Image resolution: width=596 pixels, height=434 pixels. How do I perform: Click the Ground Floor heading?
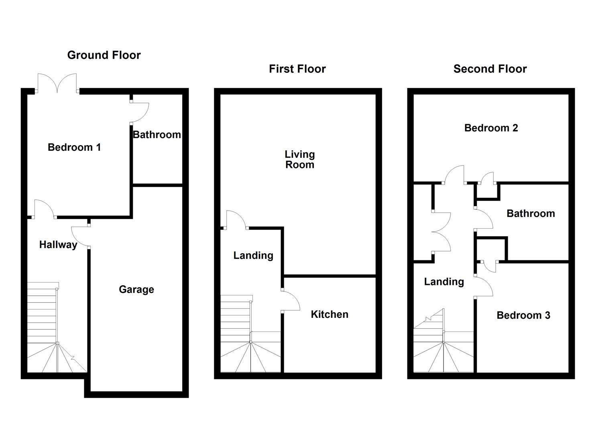104,55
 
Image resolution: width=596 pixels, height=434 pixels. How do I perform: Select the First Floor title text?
297,69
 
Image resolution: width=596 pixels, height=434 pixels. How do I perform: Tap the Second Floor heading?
490,69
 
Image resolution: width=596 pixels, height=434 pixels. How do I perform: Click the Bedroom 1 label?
74,147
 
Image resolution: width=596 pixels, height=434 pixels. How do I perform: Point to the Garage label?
136,290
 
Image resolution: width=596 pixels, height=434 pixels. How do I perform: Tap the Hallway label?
58,245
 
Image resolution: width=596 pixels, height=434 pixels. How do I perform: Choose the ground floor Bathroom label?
157,135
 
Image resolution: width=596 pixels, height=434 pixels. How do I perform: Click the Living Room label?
300,160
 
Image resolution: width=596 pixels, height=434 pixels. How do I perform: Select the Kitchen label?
330,314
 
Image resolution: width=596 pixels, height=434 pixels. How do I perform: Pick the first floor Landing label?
253,256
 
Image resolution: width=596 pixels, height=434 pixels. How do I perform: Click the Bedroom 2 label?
491,128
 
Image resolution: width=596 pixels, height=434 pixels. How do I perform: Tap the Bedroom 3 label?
523,315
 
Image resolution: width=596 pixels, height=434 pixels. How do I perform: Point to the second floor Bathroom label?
531,213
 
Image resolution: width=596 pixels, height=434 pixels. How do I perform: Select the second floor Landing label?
444,282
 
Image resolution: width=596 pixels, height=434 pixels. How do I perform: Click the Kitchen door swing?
291,301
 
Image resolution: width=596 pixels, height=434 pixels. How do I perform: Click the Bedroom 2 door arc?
454,174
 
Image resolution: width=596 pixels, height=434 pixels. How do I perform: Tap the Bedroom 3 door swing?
484,286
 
